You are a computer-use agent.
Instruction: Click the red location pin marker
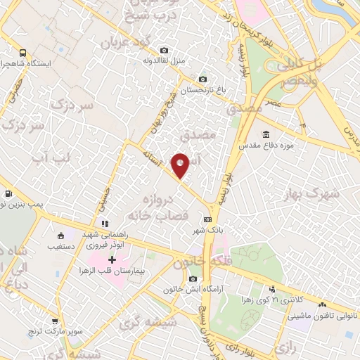tap(181, 165)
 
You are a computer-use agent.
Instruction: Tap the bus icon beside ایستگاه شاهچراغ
tap(23, 53)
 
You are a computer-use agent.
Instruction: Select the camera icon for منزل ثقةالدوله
tap(164, 50)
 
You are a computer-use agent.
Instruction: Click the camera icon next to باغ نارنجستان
tap(203, 79)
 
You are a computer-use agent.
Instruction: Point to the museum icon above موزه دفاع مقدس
tap(266, 134)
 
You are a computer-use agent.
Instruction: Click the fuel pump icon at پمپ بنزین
tap(8, 193)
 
